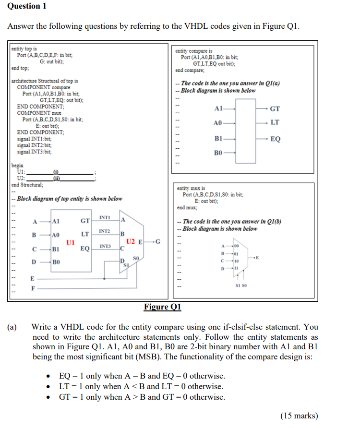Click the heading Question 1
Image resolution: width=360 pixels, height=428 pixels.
coord(24,6)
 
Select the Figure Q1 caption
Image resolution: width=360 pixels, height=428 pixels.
coord(162,307)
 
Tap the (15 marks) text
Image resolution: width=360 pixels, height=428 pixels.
coord(299,416)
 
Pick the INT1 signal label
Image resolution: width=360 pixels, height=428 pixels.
coord(105,218)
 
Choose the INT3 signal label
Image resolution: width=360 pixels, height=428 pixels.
coord(105,246)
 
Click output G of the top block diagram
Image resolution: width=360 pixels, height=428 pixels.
coord(158,241)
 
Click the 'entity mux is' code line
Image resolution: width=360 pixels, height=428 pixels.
coord(191,189)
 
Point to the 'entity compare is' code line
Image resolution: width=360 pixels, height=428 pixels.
coord(194,51)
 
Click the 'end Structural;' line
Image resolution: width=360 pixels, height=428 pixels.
coord(27,185)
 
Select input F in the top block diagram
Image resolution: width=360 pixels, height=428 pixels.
coord(33,289)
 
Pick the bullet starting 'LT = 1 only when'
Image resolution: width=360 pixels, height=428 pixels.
coord(141,386)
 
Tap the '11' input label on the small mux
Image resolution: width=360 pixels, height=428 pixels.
coord(236,268)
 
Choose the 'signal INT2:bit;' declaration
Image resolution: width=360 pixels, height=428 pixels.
coord(34,144)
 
